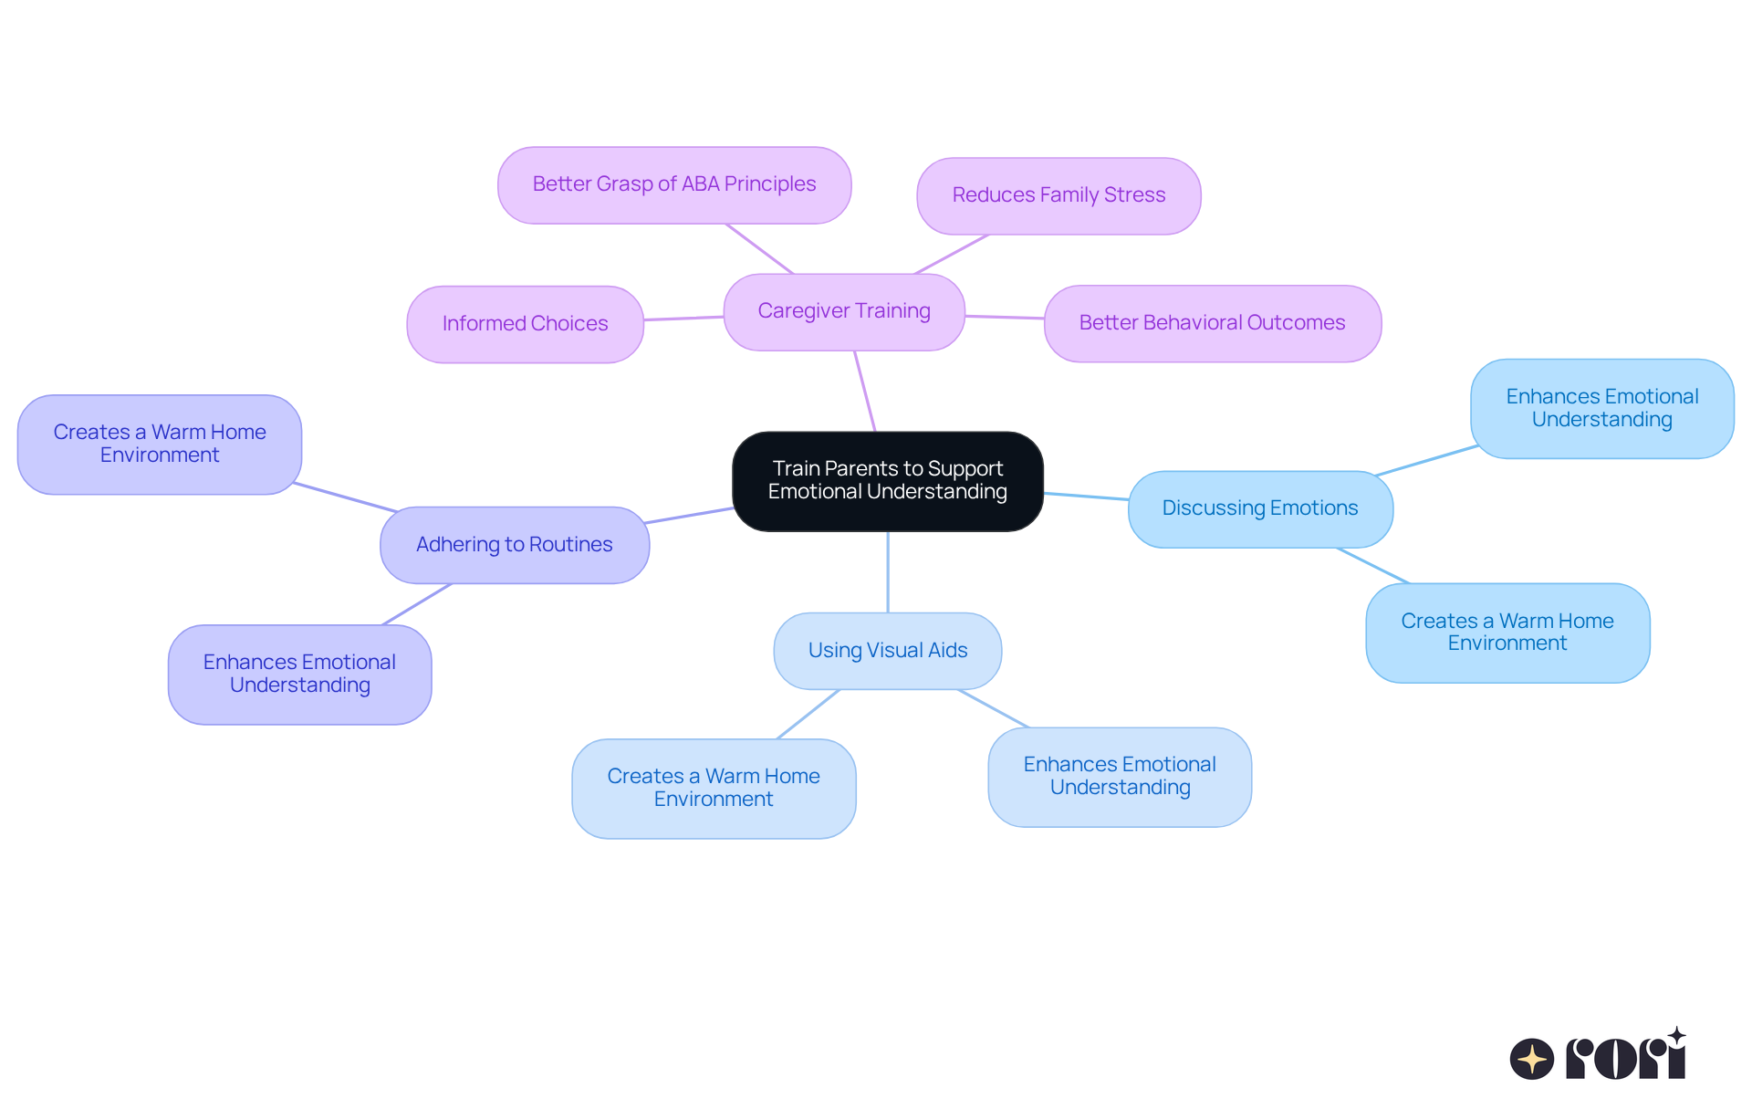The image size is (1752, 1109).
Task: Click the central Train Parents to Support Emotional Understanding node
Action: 887,481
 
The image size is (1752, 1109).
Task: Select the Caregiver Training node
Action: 844,312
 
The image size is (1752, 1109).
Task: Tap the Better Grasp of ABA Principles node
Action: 674,185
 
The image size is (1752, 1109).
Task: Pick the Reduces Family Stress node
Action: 1058,196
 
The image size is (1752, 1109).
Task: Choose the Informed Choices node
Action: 525,324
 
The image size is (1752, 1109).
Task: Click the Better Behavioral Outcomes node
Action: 1212,323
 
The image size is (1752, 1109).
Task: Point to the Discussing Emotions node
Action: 1260,509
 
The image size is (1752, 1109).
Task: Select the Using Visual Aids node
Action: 887,651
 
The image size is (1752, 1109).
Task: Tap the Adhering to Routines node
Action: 515,545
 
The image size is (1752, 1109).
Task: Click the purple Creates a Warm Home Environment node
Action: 160,445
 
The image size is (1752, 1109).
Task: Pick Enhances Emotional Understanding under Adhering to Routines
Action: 299,675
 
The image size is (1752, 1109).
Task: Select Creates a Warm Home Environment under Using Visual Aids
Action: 714,789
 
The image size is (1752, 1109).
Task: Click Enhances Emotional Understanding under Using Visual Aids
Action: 1120,777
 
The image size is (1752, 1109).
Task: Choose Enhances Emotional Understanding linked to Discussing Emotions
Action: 1601,409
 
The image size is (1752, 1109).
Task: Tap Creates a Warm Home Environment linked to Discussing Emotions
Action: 1507,633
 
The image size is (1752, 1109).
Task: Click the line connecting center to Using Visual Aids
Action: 888,572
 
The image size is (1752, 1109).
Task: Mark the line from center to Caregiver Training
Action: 865,392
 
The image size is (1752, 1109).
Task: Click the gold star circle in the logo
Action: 1532,1059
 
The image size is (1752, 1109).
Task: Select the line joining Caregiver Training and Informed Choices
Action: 683,319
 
